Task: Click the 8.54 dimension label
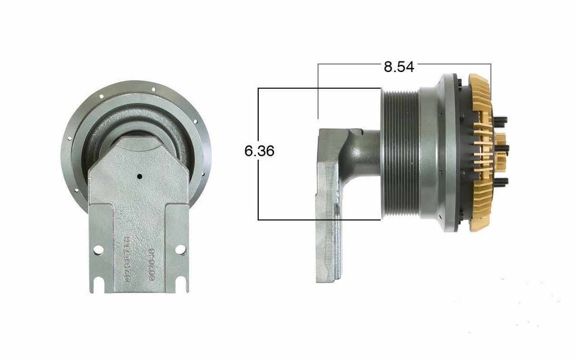coord(398,66)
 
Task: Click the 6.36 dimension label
coord(259,151)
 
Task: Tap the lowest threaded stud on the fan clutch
coord(501,181)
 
